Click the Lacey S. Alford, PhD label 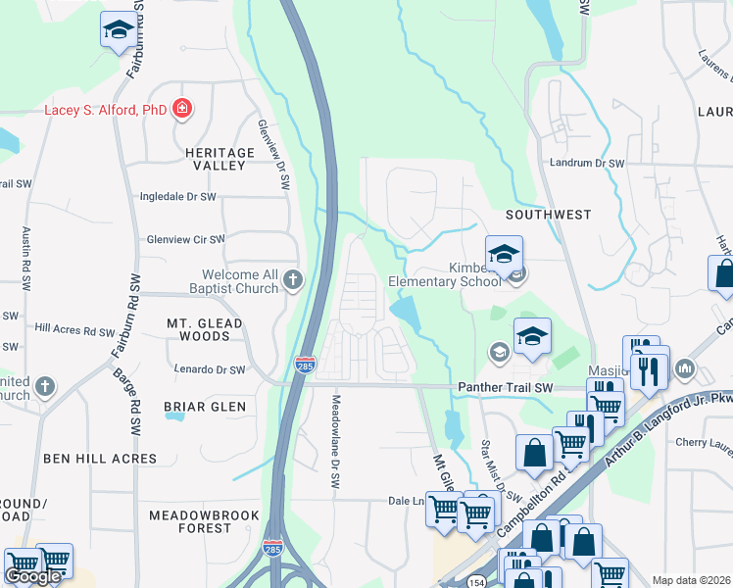point(106,110)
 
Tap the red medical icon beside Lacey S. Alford point(181,109)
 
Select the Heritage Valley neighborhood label point(219,159)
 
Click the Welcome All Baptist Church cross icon point(292,282)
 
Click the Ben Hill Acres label point(100,458)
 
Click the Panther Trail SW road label point(505,388)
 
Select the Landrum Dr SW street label point(587,164)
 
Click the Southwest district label point(548,214)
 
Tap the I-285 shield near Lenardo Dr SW point(304,365)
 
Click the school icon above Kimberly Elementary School point(504,254)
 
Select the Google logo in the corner point(33,576)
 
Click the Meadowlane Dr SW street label point(335,446)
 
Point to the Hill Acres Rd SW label point(74,330)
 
